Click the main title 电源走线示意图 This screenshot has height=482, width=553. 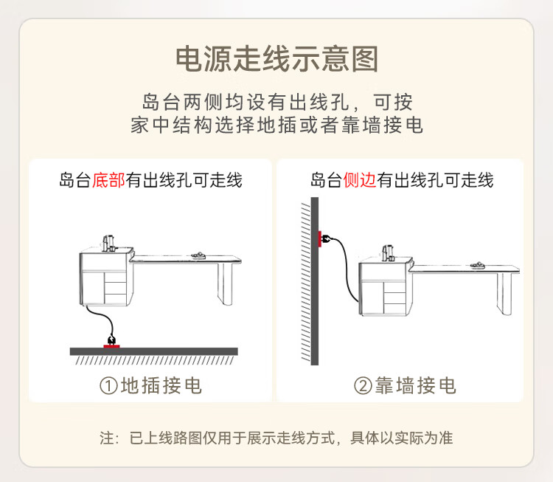(x=276, y=59)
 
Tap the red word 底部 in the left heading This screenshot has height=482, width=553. (x=108, y=179)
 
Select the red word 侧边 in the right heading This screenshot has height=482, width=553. (x=359, y=179)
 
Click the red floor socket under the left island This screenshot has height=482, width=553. (x=112, y=346)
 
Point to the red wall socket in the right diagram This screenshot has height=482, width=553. (x=320, y=239)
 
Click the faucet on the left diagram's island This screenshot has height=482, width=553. (x=108, y=244)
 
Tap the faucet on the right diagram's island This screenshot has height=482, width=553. (x=388, y=253)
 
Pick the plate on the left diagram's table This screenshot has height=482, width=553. (x=198, y=255)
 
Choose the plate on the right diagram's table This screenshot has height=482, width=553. (x=478, y=265)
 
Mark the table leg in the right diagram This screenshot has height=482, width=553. (x=504, y=294)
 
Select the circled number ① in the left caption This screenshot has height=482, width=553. (x=108, y=385)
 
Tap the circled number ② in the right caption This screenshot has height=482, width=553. (x=363, y=385)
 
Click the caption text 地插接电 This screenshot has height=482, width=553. (x=161, y=385)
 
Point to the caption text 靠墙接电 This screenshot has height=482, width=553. (x=415, y=385)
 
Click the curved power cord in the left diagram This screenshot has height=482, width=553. (x=105, y=315)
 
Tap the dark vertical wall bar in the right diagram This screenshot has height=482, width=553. (x=315, y=281)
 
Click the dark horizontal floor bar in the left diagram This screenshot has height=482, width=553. (x=154, y=351)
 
